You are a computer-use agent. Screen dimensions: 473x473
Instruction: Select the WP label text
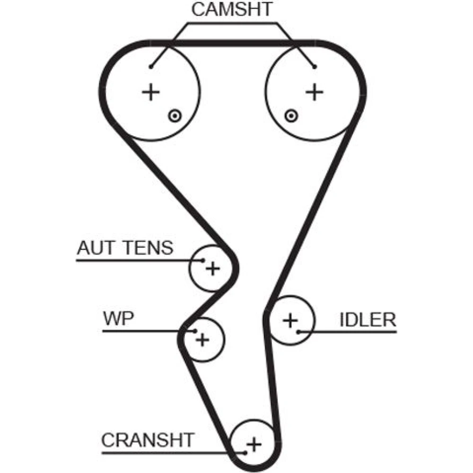pos(118,318)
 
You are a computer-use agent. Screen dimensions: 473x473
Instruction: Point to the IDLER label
pos(368,320)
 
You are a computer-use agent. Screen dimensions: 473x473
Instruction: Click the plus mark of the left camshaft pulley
pos(151,92)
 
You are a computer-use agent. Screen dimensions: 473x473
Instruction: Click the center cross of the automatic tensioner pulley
pos(213,269)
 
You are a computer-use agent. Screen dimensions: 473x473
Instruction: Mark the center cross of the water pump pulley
pos(202,339)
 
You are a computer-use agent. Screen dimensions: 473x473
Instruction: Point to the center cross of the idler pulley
pos(290,321)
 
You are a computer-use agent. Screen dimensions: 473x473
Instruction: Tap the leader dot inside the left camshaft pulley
pos(151,66)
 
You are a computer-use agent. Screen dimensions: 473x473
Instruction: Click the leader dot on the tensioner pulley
pos(203,260)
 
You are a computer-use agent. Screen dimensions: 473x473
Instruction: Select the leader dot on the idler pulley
pos(299,332)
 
